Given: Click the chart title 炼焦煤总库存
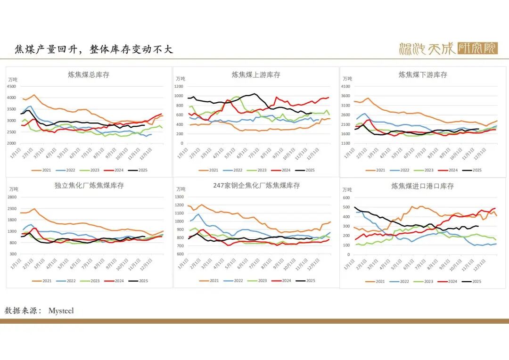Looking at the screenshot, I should click(x=89, y=74).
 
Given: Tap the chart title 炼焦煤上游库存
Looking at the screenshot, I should click(x=256, y=74).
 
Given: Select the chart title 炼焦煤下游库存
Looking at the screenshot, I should click(x=423, y=74).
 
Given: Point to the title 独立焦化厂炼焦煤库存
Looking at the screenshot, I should click(x=89, y=185).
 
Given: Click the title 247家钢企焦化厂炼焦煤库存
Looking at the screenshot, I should click(x=256, y=185).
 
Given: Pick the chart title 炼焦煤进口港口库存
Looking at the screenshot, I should click(x=423, y=186).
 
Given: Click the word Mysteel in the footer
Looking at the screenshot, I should click(x=61, y=311).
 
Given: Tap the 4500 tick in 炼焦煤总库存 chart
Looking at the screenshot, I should click(x=11, y=86).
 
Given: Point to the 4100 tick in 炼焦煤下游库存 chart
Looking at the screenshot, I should click(x=345, y=86).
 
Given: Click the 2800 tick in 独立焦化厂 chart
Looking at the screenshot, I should click(x=11, y=197).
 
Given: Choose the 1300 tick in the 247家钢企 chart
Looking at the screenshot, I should click(x=179, y=197).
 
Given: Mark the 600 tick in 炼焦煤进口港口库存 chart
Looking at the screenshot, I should click(x=346, y=197).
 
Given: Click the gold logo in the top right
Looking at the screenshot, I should click(x=448, y=48).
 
